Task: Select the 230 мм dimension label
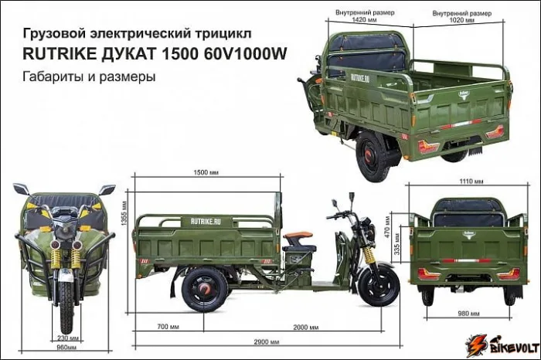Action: pyautogui.click(x=66, y=338)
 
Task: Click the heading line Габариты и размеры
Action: pyautogui.click(x=90, y=77)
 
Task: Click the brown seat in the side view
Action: pyautogui.click(x=298, y=236)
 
